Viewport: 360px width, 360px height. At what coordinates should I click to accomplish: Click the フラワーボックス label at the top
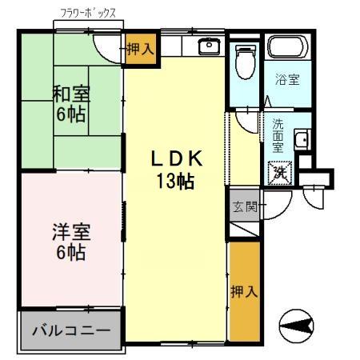pyautogui.click(x=88, y=14)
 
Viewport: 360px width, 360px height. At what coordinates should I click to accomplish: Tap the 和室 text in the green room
pyautogui.click(x=72, y=94)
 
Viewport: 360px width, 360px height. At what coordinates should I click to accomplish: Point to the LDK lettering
pyautogui.click(x=175, y=159)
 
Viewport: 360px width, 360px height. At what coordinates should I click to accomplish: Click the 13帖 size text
pyautogui.click(x=175, y=181)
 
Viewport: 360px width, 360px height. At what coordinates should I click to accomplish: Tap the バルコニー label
pyautogui.click(x=70, y=330)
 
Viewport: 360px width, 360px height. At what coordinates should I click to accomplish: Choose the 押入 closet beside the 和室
pyautogui.click(x=140, y=50)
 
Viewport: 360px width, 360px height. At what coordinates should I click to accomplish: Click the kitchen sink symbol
pyautogui.click(x=210, y=46)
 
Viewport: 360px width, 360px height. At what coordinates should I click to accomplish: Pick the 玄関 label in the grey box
pyautogui.click(x=244, y=207)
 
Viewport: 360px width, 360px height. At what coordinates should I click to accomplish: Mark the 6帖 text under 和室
pyautogui.click(x=72, y=114)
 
